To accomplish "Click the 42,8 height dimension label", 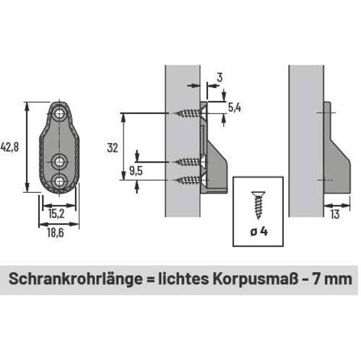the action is pos(9,147).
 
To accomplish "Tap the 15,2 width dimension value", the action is pos(56,214).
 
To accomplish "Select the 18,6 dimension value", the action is pos(56,232).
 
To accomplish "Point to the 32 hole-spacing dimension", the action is pos(113,148).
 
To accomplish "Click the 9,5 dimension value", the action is pos(136,171).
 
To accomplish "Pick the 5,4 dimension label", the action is pos(235,108).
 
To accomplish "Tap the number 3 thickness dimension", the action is pos(219,78).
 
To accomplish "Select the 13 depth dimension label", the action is pos(335,214).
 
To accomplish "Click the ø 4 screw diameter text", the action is pos(258,232).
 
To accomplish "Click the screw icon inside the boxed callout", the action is pos(258,205).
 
